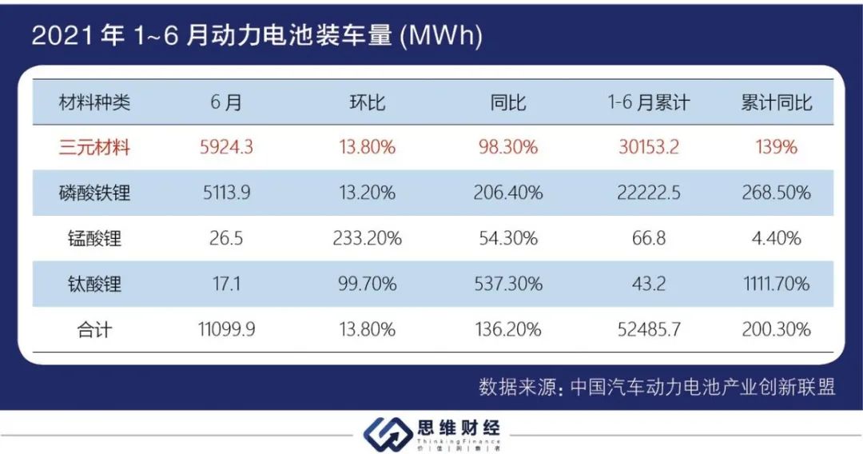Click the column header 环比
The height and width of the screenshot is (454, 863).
(x=367, y=102)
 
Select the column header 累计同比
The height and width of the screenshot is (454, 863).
(x=776, y=102)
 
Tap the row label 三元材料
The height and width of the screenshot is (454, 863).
(x=94, y=147)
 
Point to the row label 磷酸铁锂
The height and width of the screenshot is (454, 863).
(x=94, y=193)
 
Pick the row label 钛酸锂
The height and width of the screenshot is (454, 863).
(x=94, y=284)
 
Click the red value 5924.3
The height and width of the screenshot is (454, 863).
(x=227, y=147)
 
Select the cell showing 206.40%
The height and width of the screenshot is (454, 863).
(x=507, y=193)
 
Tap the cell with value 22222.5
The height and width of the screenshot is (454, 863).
(x=649, y=193)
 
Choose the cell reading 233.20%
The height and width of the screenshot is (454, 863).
(x=367, y=238)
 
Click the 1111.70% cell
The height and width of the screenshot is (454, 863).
(x=776, y=284)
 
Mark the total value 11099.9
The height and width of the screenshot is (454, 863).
(x=227, y=329)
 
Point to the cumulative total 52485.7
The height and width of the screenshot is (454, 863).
(x=649, y=329)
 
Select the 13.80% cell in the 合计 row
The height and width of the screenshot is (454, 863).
(x=367, y=329)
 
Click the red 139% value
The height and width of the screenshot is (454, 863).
(x=776, y=147)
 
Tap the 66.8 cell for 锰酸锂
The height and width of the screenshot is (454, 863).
(x=649, y=238)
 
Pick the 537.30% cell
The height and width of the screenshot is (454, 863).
(x=507, y=284)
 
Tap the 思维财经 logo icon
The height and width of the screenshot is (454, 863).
(x=387, y=434)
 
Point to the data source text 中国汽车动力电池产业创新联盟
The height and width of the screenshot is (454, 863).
(x=703, y=388)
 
